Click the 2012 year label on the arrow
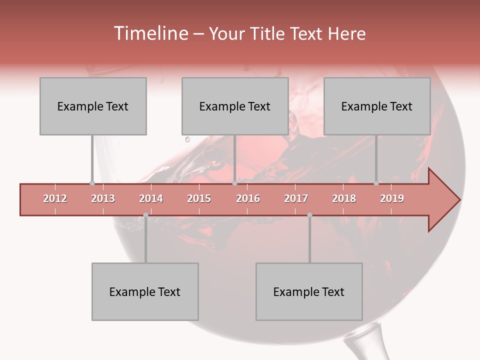55,198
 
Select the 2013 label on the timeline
103,198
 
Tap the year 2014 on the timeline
151,198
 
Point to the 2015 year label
199,198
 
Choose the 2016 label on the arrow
248,198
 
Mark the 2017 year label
296,198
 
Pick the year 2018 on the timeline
344,198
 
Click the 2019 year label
392,198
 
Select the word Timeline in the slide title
149,33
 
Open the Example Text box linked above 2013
93,106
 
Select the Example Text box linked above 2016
235,106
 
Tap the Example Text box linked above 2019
377,106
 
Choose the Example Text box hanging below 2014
145,291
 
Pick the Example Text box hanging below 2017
309,291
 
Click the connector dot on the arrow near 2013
92,183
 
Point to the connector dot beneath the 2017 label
309,215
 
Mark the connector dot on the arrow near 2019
376,183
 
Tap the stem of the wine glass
360,347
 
